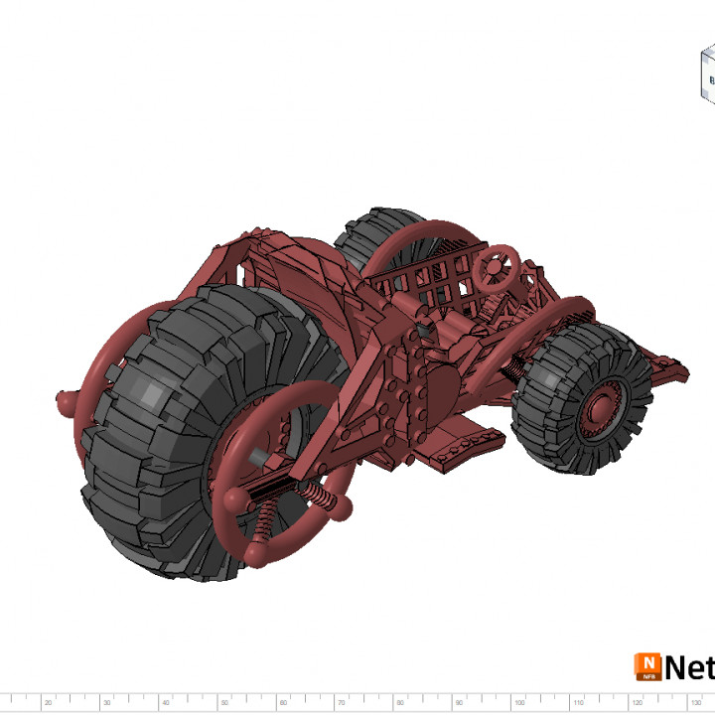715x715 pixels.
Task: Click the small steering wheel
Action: [497, 266]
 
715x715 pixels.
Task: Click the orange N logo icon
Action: [647, 666]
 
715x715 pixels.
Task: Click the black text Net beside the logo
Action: [690, 667]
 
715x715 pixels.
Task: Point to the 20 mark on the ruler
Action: [48, 702]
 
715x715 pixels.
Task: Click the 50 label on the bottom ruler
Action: [224, 702]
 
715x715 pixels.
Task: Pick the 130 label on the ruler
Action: [695, 702]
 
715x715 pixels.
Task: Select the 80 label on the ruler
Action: [400, 702]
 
